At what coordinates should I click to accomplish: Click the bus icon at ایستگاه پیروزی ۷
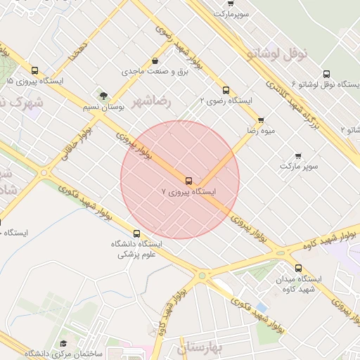click(x=188, y=180)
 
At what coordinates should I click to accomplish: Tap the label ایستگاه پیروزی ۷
click(x=188, y=191)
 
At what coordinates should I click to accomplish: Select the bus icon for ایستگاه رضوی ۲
click(x=226, y=90)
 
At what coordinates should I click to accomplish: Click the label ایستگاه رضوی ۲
click(x=226, y=101)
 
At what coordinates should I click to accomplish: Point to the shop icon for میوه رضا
click(x=261, y=120)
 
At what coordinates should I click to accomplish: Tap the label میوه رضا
click(x=260, y=131)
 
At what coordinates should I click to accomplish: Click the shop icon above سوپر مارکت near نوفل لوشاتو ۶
click(x=298, y=156)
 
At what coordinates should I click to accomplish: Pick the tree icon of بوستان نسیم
click(x=104, y=95)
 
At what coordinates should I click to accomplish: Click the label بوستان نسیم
click(x=103, y=106)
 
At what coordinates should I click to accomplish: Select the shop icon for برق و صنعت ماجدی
click(x=154, y=61)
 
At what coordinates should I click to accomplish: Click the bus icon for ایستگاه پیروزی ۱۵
click(x=34, y=70)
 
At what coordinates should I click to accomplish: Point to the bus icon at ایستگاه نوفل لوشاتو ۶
click(x=326, y=74)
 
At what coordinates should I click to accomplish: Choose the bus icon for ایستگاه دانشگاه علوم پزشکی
click(x=136, y=233)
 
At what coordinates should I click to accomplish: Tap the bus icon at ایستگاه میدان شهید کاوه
click(x=298, y=268)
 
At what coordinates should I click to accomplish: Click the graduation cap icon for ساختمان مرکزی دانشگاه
click(x=63, y=343)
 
